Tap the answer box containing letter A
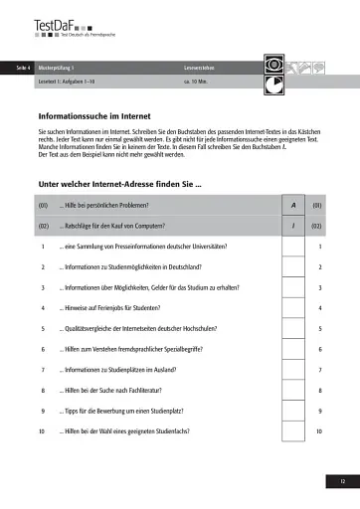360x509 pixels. (x=293, y=206)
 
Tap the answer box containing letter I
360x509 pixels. (x=293, y=226)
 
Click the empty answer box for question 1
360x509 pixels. (x=293, y=247)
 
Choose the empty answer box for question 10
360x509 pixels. (x=293, y=431)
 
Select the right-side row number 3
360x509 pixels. (x=319, y=287)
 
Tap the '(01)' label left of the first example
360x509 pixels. (x=43, y=206)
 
